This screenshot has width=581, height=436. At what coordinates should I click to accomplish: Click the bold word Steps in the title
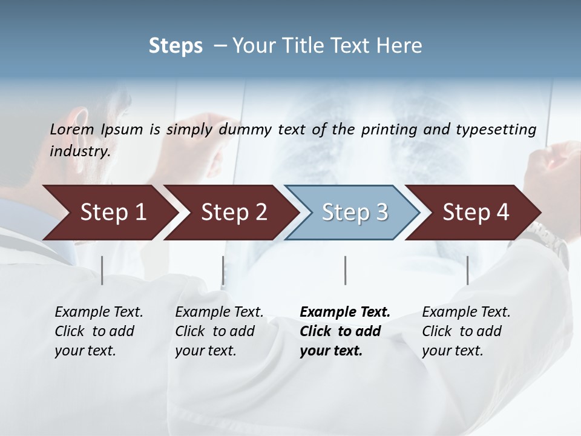point(176,46)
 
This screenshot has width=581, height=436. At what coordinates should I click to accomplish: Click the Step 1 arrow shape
point(109,213)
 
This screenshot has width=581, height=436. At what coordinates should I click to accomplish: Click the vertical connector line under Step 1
point(102,270)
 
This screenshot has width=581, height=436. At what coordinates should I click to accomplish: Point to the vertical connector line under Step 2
point(223,270)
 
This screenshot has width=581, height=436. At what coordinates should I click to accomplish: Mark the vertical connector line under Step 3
point(345,270)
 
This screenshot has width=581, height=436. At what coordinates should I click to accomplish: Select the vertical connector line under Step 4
point(467,270)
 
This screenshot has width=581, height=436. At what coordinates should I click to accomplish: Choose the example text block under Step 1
point(98,331)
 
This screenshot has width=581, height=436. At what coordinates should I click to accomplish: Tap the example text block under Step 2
point(218,331)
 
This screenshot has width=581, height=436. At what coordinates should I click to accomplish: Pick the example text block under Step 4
point(465,331)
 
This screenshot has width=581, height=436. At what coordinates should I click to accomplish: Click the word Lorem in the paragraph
point(72,130)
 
